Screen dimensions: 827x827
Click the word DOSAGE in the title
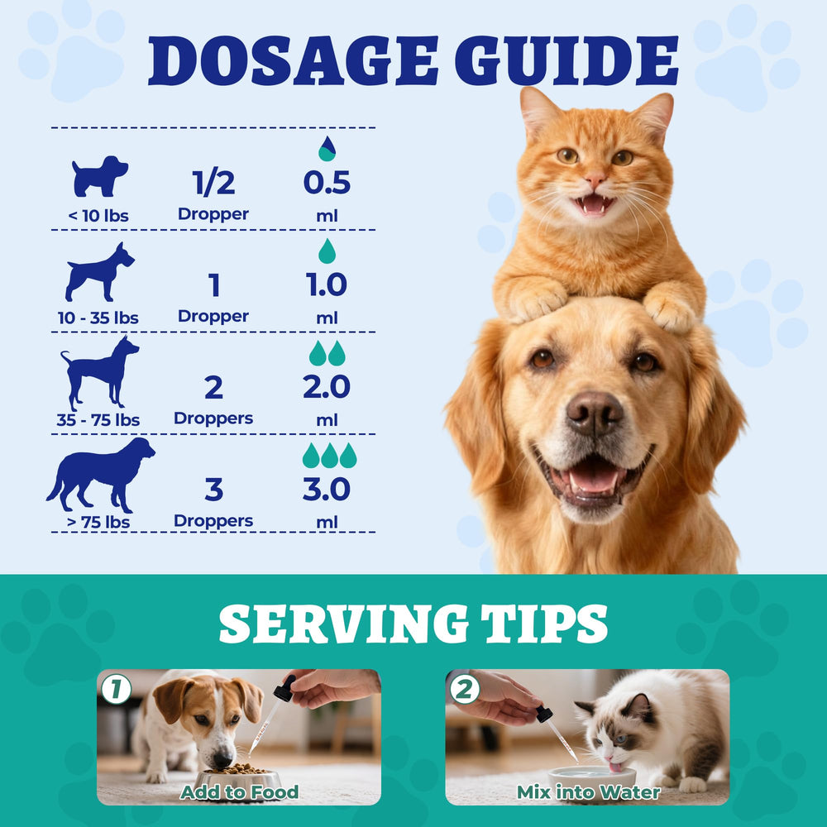(293, 60)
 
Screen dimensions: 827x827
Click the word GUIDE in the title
(566, 60)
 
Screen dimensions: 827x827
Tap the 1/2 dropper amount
(213, 183)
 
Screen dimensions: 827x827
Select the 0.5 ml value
(327, 183)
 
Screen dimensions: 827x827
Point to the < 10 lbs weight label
(98, 216)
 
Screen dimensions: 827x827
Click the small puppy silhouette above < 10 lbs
(99, 175)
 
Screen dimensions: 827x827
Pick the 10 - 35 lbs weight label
(98, 318)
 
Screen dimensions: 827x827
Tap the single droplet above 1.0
(327, 251)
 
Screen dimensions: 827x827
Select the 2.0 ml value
(327, 387)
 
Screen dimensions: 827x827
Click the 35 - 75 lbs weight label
(98, 420)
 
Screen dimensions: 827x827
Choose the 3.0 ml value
(327, 490)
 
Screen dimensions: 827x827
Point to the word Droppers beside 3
(213, 521)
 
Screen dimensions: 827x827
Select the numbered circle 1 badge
(116, 689)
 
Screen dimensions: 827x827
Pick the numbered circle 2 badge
(464, 689)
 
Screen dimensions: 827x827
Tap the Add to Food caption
(240, 792)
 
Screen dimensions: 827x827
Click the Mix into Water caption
(589, 792)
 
